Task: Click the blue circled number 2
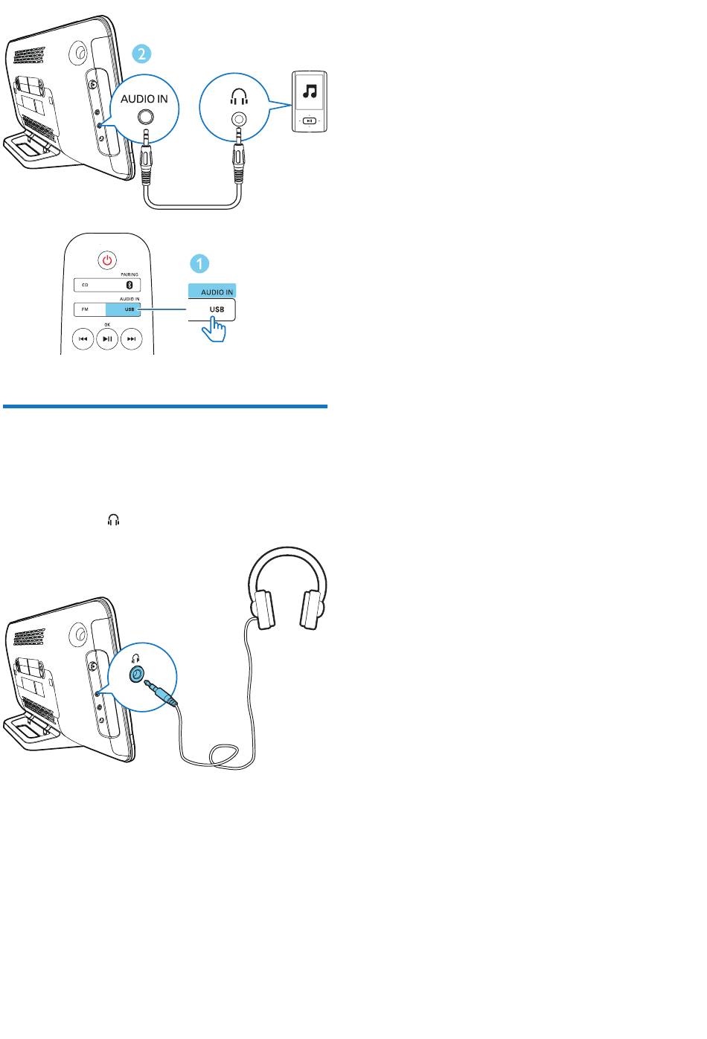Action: [141, 54]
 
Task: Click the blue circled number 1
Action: [199, 264]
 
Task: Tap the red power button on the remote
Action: [107, 260]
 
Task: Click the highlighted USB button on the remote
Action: [123, 309]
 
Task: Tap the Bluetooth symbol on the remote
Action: [129, 285]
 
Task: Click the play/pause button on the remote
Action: [107, 338]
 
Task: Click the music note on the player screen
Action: [310, 91]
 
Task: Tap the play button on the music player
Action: [310, 121]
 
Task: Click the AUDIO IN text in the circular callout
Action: [144, 99]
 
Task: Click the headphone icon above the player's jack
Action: [239, 97]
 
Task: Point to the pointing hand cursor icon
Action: [214, 329]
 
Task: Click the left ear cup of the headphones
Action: [263, 609]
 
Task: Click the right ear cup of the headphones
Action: [311, 609]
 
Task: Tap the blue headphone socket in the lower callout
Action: [136, 674]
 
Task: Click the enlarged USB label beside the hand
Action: [217, 309]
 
